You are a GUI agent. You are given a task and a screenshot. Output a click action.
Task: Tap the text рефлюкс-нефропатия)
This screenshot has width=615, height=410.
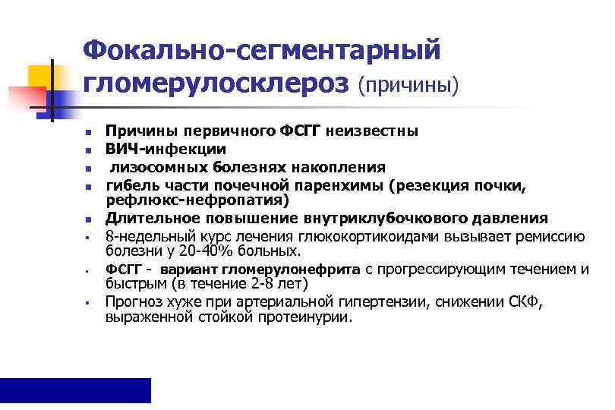point(197,200)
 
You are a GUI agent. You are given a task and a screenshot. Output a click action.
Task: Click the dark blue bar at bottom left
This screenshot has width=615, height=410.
point(75,389)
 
